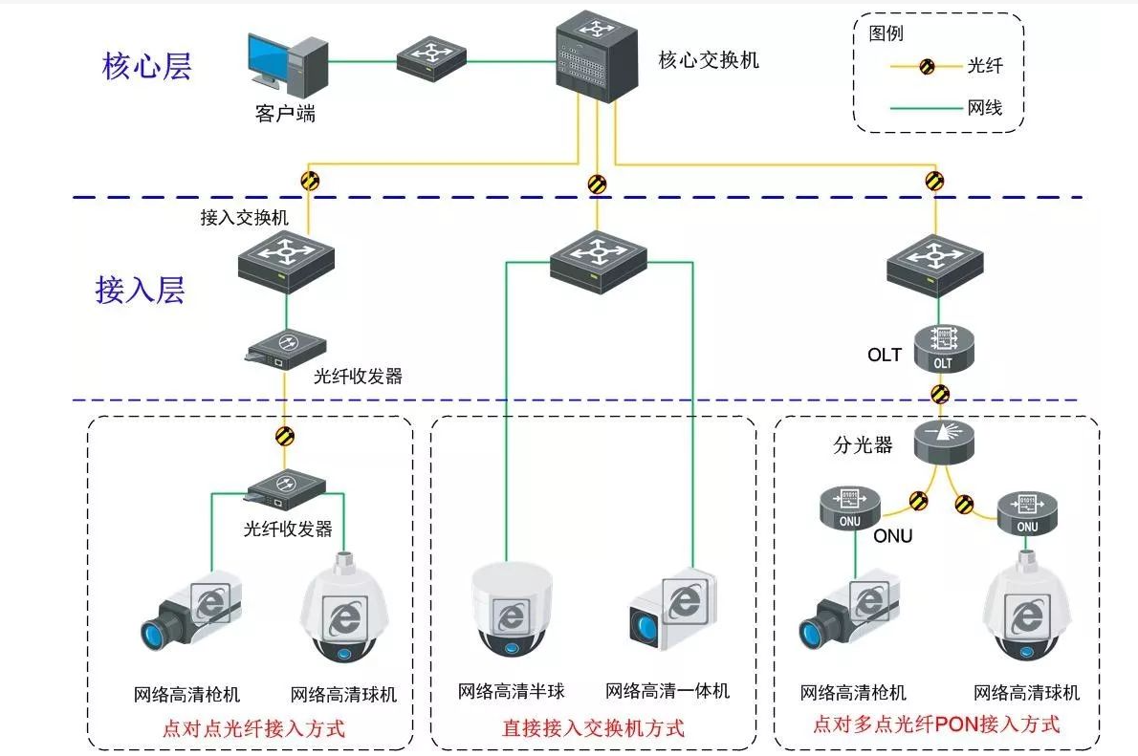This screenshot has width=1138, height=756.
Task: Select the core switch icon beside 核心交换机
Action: (x=597, y=57)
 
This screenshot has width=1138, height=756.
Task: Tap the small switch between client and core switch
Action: (x=431, y=60)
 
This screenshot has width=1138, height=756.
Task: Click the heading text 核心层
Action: (x=146, y=67)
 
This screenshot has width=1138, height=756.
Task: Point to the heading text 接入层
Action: (x=140, y=289)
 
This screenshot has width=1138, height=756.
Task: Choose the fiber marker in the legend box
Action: (x=927, y=67)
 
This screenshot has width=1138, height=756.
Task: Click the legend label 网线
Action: (x=985, y=108)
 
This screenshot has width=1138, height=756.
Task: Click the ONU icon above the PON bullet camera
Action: (x=849, y=508)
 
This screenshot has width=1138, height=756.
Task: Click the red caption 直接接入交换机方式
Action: (x=593, y=728)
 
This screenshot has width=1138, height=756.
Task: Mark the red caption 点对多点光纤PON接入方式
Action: (x=936, y=724)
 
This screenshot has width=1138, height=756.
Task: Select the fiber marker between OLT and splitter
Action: (x=940, y=393)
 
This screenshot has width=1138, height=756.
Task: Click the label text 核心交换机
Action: (x=709, y=61)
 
